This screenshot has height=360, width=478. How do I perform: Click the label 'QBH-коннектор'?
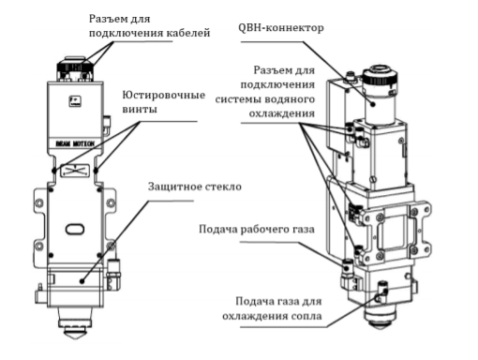pyautogui.click(x=281, y=28)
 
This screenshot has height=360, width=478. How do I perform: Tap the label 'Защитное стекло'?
pyautogui.click(x=195, y=187)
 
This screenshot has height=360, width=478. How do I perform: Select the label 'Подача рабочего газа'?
pyautogui.click(x=257, y=230)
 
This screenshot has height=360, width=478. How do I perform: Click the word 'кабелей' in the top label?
pyautogui.click(x=188, y=33)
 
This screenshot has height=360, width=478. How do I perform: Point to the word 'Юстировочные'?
pyautogui.click(x=164, y=95)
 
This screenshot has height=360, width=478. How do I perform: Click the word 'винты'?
pyautogui.click(x=140, y=110)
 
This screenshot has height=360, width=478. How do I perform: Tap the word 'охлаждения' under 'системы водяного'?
pyautogui.click(x=282, y=113)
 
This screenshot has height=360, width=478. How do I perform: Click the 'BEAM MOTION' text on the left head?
pyautogui.click(x=75, y=143)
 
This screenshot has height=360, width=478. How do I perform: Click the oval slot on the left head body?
pyautogui.click(x=75, y=229)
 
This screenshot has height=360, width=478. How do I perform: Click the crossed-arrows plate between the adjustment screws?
pyautogui.click(x=75, y=171)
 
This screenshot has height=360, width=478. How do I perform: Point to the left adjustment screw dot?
pyautogui.click(x=54, y=171)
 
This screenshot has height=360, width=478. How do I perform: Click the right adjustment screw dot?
pyautogui.click(x=96, y=171)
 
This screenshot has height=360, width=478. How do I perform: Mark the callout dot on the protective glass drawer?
pyautogui.click(x=82, y=281)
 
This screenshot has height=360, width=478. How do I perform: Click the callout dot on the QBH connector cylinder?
pyautogui.click(x=373, y=104)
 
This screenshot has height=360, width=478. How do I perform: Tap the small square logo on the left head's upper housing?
pyautogui.click(x=75, y=101)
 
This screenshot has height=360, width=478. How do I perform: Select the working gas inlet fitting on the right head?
pyautogui.click(x=347, y=269)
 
